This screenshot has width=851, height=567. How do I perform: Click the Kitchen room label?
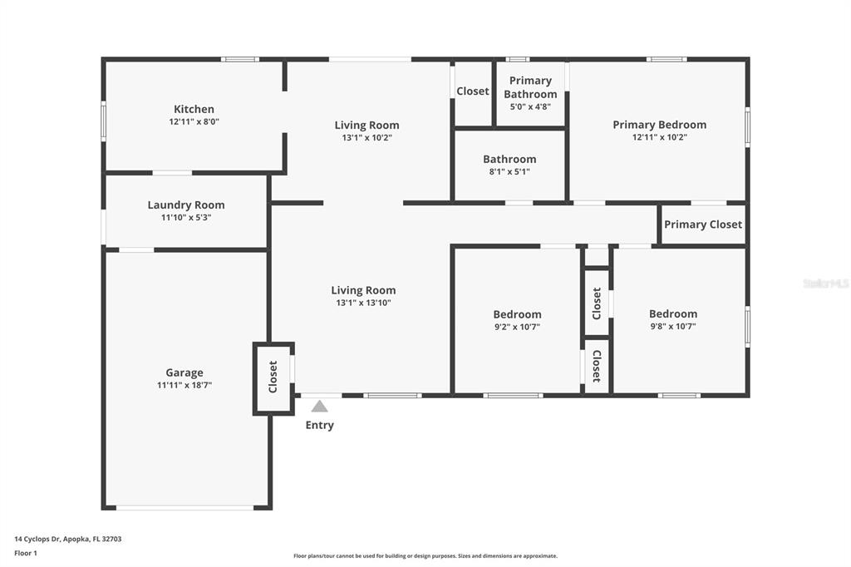pos(194,109)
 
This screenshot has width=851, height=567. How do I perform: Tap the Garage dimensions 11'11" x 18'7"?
pos(184,385)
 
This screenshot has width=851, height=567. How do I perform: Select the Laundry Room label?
pos(186,205)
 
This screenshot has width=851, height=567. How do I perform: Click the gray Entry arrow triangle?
pos(320,407)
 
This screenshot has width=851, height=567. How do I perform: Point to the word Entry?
pos(320,426)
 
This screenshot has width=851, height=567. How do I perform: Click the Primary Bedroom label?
pos(659,125)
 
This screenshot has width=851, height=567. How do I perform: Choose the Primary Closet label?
pos(703,224)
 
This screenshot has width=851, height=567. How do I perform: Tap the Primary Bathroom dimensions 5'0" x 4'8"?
pos(530,107)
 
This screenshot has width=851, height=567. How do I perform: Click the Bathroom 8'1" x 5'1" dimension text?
pos(509,171)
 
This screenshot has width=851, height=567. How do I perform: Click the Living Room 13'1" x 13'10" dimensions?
pos(363,303)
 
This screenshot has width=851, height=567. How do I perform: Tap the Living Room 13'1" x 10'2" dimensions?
pos(366,138)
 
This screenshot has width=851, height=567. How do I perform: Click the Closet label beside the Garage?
pos(273,377)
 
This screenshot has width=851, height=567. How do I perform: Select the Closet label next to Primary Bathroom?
pos(473,91)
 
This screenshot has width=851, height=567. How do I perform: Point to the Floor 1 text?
pos(26,554)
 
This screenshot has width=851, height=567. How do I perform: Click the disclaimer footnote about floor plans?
pos(425,556)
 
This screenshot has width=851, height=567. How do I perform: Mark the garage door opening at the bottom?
pos(185,508)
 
